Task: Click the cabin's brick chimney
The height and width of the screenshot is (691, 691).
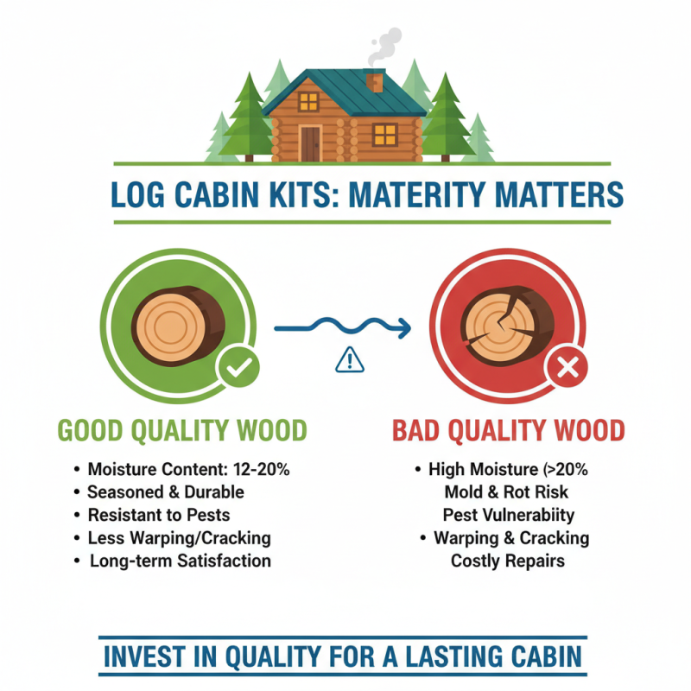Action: [x=374, y=83]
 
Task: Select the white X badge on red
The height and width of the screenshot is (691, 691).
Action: [x=567, y=370]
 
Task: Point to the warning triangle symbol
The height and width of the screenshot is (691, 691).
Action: [x=349, y=359]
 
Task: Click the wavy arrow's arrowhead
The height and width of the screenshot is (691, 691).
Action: [x=404, y=328]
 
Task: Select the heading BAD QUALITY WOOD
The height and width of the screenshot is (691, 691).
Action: [x=508, y=430]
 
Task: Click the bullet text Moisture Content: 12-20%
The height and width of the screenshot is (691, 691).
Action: [x=187, y=470]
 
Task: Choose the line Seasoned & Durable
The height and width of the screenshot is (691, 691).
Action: [x=166, y=492]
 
